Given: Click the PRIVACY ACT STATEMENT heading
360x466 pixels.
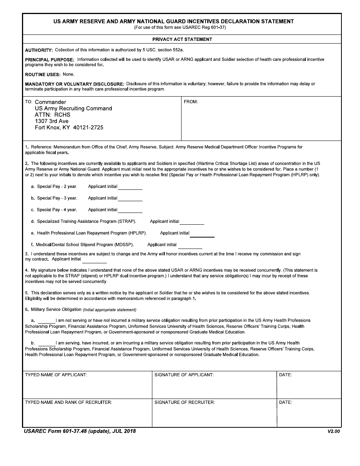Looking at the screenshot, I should coord(182,39).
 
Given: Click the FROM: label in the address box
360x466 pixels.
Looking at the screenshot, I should coord(191,102).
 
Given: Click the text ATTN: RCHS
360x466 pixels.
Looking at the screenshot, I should coord(53,115).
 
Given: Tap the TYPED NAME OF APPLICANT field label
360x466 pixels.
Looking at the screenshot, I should coord(56,375).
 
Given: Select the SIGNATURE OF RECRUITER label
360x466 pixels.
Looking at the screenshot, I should coord(185,402).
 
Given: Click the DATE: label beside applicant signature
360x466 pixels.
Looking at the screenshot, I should coord(285,375).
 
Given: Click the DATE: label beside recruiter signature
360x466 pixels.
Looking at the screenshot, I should coord(285,402).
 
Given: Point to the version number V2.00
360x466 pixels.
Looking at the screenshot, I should coord(334,432).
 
